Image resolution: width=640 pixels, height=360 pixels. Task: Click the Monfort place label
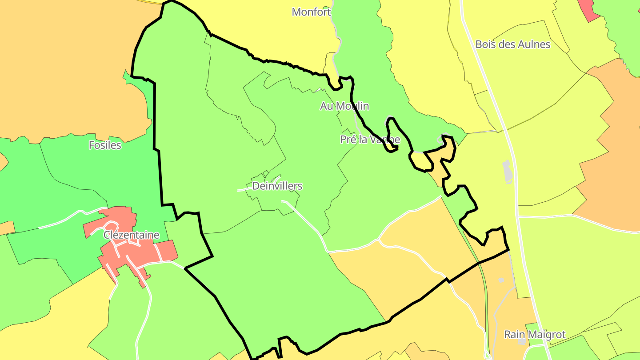[311, 12]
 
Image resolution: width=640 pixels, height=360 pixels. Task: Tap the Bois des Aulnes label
[512, 44]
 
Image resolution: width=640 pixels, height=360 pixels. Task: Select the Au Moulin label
[344, 106]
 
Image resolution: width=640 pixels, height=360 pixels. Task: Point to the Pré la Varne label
[370, 140]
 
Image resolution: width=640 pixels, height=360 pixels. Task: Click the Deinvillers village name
[277, 186]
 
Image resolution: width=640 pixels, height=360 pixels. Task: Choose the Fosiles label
[105, 145]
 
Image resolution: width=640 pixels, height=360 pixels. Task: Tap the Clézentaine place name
[131, 235]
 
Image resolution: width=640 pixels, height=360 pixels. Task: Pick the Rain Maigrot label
[535, 335]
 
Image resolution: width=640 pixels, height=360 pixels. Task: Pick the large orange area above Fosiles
[67, 67]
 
